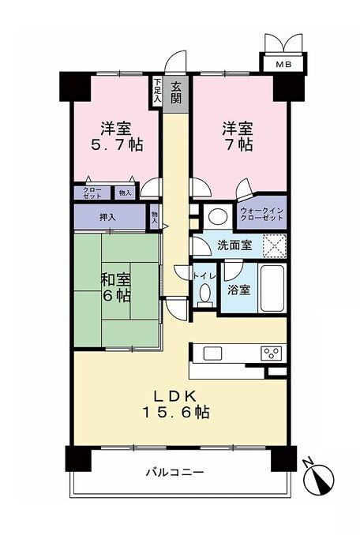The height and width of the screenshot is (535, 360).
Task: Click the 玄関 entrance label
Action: [x=175, y=93]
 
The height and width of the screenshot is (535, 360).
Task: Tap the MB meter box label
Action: [x=283, y=64]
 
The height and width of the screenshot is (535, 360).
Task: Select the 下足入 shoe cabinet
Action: [x=157, y=91]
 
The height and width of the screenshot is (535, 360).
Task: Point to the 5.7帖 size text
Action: [x=116, y=145]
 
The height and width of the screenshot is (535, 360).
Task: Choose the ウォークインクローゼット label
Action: [x=262, y=214]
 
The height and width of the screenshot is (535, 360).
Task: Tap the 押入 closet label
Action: [x=107, y=217]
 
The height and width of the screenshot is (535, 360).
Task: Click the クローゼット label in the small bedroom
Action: [x=92, y=193]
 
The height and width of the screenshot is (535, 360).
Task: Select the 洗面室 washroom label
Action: [x=234, y=245]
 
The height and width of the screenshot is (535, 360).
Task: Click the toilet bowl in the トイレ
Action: [x=204, y=294]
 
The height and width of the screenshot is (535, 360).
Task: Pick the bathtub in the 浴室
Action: [x=272, y=288]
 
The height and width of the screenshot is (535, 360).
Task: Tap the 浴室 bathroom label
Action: [x=239, y=290]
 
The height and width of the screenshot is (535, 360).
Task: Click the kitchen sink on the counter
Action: [x=212, y=354]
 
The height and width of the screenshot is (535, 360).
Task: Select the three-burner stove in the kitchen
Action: [x=272, y=353]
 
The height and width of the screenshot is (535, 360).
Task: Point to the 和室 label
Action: [x=115, y=279]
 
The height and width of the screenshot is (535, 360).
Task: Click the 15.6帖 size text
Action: [x=175, y=412]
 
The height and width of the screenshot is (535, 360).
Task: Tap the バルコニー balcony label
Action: [x=175, y=472]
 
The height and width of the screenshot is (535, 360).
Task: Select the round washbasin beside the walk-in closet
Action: [x=218, y=216]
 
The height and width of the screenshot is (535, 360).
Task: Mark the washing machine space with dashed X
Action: [x=275, y=246]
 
